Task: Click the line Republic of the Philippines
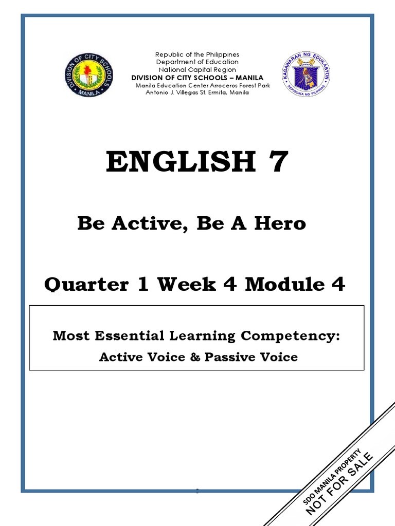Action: click(x=197, y=54)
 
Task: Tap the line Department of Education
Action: click(x=197, y=62)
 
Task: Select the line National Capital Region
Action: click(x=197, y=70)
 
